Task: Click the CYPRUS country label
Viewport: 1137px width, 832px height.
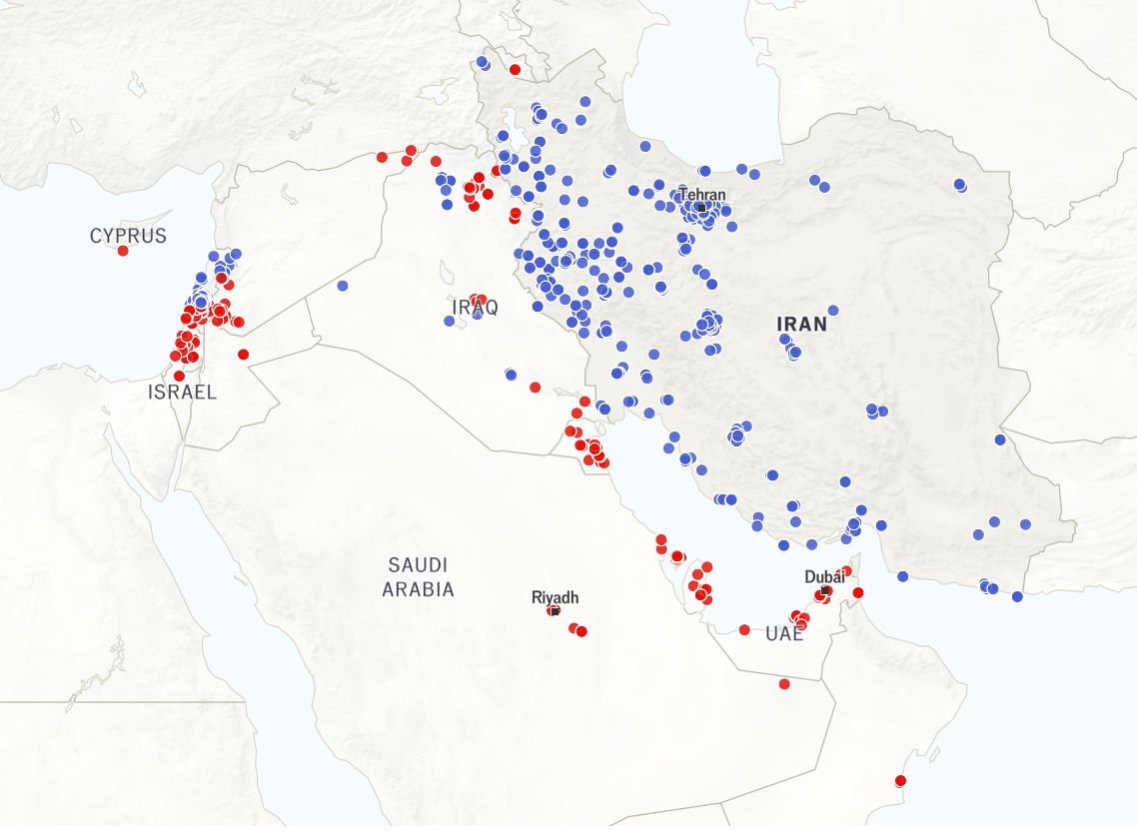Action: click(x=128, y=236)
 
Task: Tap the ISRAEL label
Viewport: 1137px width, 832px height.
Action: click(x=182, y=393)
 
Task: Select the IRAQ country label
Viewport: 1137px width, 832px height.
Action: click(x=475, y=307)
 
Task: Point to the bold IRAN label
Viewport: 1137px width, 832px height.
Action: click(x=802, y=324)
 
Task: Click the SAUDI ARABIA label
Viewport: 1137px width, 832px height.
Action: click(x=418, y=577)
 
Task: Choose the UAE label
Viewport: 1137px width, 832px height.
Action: click(x=784, y=634)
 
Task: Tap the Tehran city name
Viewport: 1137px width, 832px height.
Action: click(x=702, y=194)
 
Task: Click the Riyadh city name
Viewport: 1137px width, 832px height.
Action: click(x=555, y=597)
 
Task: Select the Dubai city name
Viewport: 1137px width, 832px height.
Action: click(x=824, y=576)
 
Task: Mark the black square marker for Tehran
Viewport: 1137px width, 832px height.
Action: click(x=701, y=208)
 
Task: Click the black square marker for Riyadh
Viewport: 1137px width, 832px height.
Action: click(x=554, y=610)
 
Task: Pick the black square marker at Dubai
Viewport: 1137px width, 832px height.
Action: click(x=824, y=591)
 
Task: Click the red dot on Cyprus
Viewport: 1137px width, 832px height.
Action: click(x=123, y=251)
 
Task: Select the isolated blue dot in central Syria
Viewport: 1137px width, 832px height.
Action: click(x=343, y=286)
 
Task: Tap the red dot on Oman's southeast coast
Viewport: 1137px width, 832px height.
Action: click(x=899, y=780)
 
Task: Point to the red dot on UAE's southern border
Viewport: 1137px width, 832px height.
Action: click(x=784, y=684)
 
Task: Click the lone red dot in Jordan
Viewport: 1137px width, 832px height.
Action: click(x=243, y=355)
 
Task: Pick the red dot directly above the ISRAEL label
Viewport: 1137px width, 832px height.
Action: click(x=179, y=377)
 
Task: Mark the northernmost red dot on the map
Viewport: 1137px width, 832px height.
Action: click(x=515, y=70)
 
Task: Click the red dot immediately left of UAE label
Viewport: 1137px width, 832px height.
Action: click(x=744, y=629)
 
